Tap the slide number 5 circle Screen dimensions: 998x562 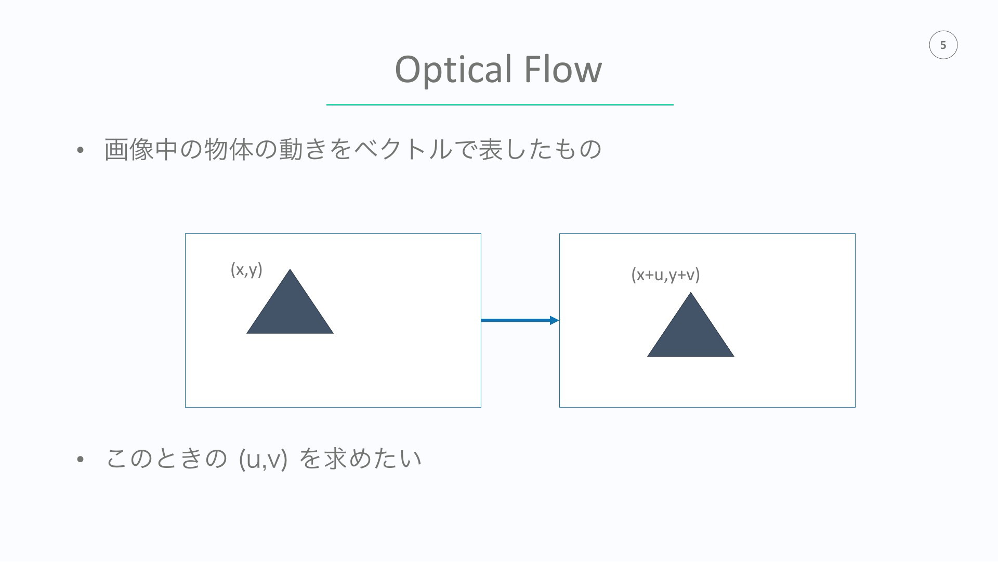pyautogui.click(x=943, y=45)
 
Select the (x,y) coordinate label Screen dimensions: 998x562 pyautogui.click(x=246, y=270)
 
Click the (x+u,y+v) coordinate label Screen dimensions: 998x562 pyautogui.click(x=665, y=274)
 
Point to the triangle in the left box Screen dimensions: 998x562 pyautogui.click(x=290, y=309)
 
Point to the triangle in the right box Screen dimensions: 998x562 pyautogui.click(x=691, y=333)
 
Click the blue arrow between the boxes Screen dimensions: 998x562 pyautogui.click(x=520, y=320)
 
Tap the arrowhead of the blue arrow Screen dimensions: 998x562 pyautogui.click(x=555, y=320)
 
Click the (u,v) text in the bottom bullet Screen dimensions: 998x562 pyautogui.click(x=263, y=459)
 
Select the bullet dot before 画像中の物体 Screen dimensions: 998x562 pyautogui.click(x=80, y=150)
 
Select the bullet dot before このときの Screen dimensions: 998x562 pyautogui.click(x=80, y=460)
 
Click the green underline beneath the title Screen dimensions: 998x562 pyautogui.click(x=500, y=104)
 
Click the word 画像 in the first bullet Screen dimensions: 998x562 pyautogui.click(x=129, y=149)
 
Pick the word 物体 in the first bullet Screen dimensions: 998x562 pyautogui.click(x=229, y=149)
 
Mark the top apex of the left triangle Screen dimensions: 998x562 pyautogui.click(x=290, y=269)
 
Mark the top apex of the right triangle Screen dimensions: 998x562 pyautogui.click(x=691, y=293)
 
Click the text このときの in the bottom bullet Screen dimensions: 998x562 pyautogui.click(x=167, y=458)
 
